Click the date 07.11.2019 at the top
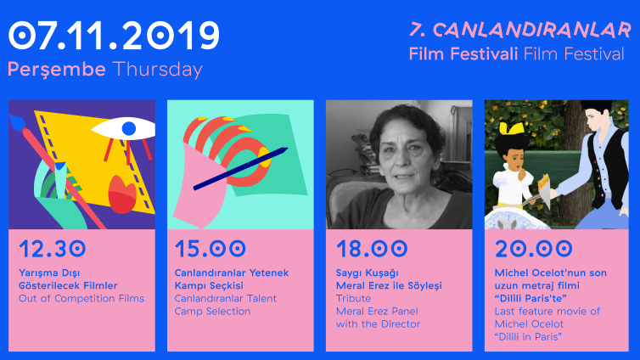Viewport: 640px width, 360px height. click(114, 36)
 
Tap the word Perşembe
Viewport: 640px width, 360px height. click(57, 70)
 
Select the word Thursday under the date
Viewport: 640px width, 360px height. click(158, 70)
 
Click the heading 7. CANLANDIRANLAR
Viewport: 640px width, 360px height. click(520, 31)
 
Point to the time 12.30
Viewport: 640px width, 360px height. click(53, 249)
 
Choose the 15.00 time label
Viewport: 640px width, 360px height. click(211, 249)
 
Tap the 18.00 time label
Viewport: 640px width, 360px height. click(372, 249)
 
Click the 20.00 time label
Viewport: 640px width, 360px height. click(533, 249)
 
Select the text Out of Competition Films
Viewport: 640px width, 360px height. click(81, 298)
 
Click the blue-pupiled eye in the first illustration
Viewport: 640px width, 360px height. click(124, 129)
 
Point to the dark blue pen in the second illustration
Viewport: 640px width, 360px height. click(240, 169)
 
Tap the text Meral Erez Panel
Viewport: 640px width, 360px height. click(377, 312)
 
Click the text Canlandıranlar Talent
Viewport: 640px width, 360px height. click(225, 298)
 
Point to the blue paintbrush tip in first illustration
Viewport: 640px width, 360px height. click(18, 121)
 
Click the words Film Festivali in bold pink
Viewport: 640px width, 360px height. click(463, 53)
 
